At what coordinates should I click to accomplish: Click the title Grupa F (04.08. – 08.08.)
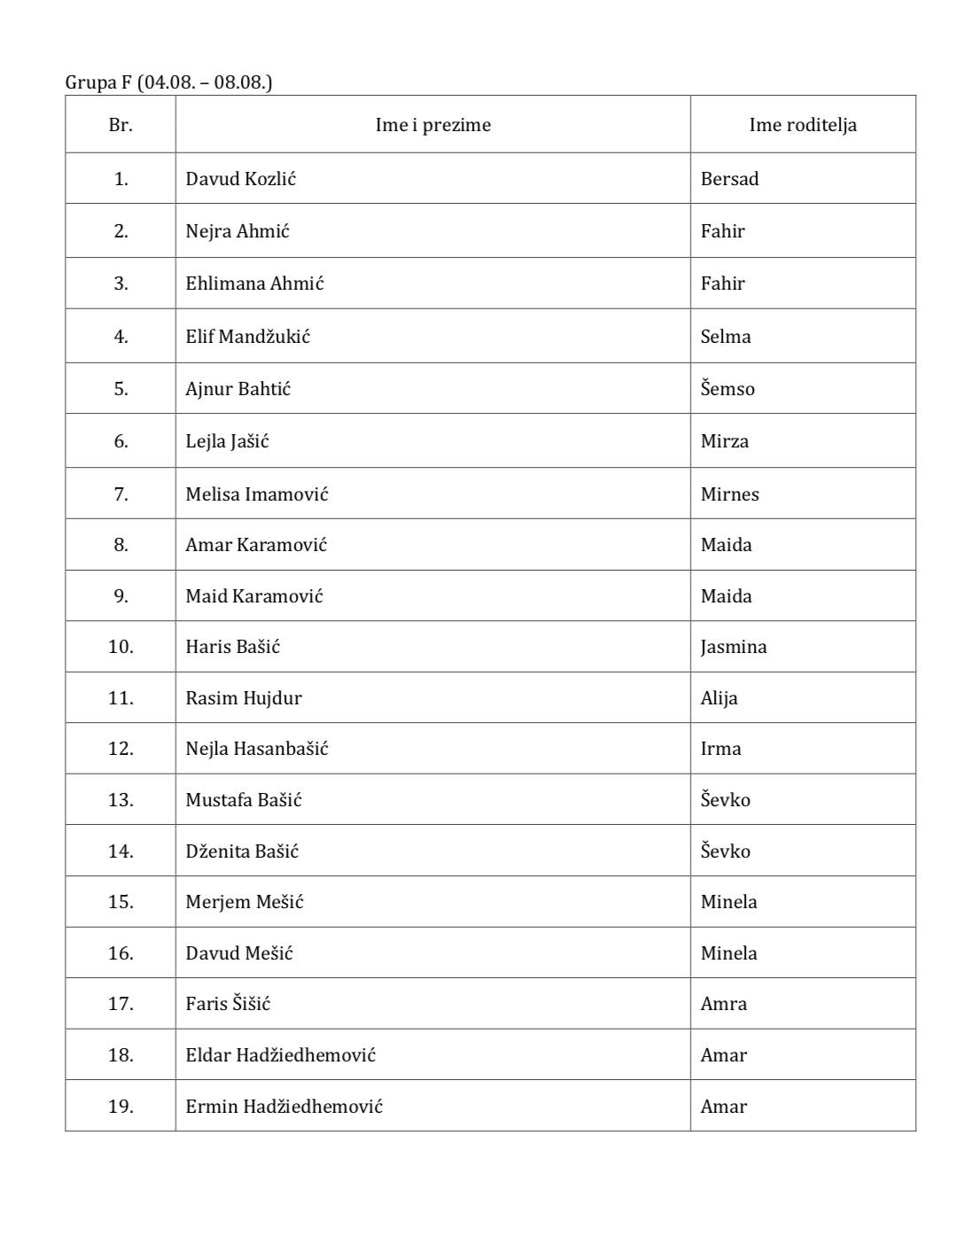[168, 82]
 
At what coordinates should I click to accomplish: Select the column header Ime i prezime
[432, 125]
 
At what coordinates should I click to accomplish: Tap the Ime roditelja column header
[803, 125]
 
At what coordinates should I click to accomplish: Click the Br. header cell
[120, 125]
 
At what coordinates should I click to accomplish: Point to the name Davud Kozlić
[240, 179]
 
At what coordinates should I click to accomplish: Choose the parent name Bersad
[729, 179]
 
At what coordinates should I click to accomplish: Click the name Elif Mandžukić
[247, 337]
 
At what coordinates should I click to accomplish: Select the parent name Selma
[725, 337]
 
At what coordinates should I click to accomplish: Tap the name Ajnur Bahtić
[237, 389]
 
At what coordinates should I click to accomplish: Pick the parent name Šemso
[727, 389]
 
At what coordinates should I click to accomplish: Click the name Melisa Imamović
[256, 494]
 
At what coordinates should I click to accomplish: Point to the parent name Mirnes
[729, 494]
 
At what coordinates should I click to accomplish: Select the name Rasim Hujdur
[243, 698]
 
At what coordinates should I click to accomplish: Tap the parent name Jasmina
[733, 647]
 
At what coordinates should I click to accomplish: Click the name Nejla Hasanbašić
[256, 749]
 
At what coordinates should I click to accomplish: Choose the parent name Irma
[720, 749]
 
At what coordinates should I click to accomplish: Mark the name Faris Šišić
[228, 1004]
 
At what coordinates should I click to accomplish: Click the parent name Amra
[723, 1004]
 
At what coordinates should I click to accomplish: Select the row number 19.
[120, 1107]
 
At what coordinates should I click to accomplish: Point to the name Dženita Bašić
[242, 851]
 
